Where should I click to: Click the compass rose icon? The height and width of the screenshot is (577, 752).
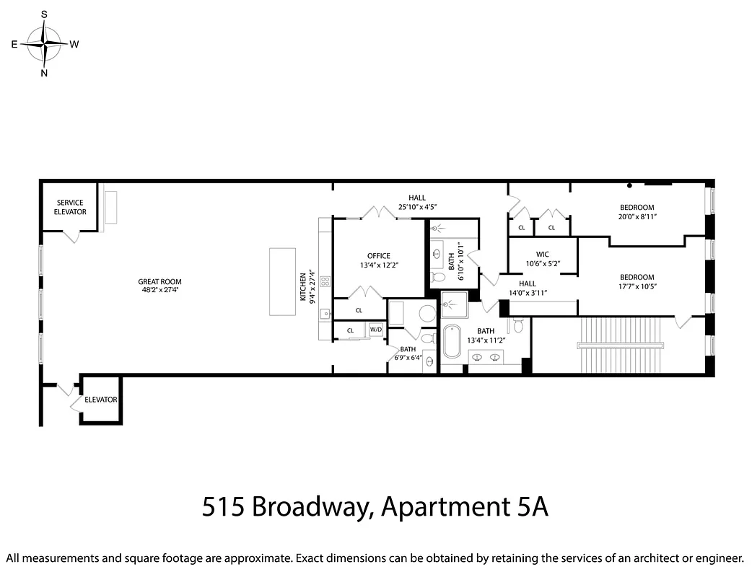click(x=44, y=43)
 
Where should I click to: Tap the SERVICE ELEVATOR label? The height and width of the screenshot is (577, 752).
click(x=71, y=207)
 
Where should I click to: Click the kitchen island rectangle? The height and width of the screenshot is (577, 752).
click(x=282, y=281)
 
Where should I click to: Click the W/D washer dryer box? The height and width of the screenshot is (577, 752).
click(x=376, y=330)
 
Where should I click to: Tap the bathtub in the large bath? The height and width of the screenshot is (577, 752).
click(x=452, y=342)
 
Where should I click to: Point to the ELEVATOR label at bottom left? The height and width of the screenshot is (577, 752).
click(x=100, y=400)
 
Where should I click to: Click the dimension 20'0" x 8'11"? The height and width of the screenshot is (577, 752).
click(x=637, y=216)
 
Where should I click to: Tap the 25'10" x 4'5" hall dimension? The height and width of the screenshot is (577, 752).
click(x=417, y=207)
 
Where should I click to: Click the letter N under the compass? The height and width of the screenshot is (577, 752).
click(x=44, y=73)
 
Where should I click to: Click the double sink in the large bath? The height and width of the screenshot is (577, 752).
click(x=485, y=356)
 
